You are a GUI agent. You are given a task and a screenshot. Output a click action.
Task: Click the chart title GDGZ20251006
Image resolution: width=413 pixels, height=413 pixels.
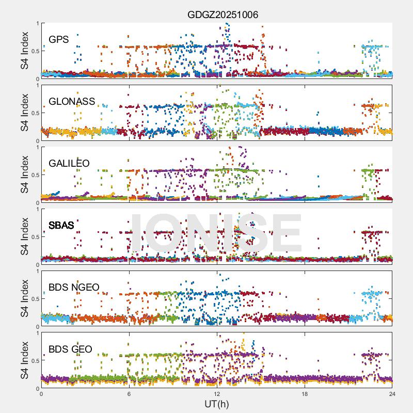pyautogui.click(x=223, y=15)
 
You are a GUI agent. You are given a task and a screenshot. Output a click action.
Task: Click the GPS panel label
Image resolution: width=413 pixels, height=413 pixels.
pyautogui.click(x=58, y=40)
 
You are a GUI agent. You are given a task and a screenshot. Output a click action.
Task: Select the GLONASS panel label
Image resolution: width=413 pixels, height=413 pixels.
pyautogui.click(x=72, y=102)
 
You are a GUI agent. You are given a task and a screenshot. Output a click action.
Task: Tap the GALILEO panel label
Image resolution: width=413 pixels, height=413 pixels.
pyautogui.click(x=69, y=164)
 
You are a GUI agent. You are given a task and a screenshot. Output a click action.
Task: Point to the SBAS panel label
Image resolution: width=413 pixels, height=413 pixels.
pyautogui.click(x=61, y=226)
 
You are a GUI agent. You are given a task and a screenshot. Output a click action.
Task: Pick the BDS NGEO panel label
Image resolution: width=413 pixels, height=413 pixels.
pyautogui.click(x=74, y=288)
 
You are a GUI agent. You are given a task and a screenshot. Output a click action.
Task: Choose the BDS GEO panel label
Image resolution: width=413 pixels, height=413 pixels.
pyautogui.click(x=70, y=350)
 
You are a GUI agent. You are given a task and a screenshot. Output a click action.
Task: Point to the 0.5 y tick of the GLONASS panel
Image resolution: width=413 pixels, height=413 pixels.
pyautogui.click(x=33, y=113)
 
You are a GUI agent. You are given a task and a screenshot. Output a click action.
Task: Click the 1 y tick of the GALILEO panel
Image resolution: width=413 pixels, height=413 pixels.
pyautogui.click(x=37, y=147)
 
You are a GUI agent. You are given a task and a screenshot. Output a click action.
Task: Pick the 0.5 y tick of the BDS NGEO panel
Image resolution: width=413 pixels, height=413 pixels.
pyautogui.click(x=33, y=299)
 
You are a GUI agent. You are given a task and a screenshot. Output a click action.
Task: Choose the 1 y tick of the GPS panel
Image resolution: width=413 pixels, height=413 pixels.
pyautogui.click(x=37, y=23)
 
